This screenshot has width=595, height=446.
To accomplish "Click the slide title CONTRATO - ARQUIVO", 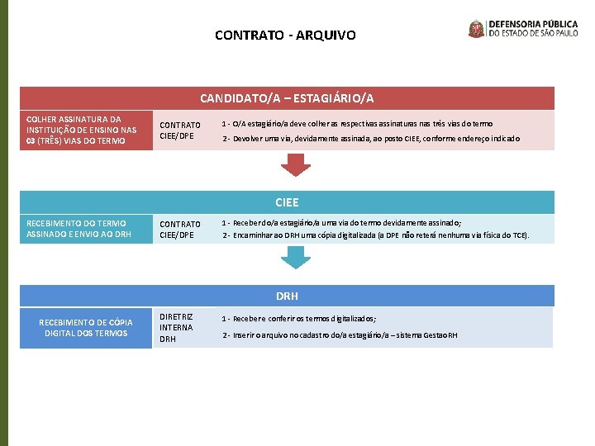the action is point(285,36).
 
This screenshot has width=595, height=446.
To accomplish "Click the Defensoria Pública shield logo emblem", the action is point(477,29).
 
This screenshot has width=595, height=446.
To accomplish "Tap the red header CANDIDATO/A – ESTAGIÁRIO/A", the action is point(287,98).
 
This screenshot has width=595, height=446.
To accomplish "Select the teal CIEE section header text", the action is point(287,202).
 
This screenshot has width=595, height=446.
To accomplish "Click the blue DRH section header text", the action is point(287,296).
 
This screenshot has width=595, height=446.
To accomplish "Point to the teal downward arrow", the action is point(295,257).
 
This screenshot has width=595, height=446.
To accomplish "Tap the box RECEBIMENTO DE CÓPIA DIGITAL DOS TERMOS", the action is point(86,328).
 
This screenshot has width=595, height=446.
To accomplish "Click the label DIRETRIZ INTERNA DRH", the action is point(176,327).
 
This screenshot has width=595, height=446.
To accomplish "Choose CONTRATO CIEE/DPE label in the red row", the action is point(180,130).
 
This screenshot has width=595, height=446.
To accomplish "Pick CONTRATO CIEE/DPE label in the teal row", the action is point(180,230).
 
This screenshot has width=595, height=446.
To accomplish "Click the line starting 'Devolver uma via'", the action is point(372,139).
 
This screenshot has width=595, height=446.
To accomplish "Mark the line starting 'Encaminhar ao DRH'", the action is point(376,235).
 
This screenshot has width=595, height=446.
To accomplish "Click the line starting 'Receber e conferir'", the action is point(299,318).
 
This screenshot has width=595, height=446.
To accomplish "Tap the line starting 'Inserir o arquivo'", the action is point(340,334).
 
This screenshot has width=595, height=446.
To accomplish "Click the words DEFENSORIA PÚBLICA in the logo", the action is point(538,24).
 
